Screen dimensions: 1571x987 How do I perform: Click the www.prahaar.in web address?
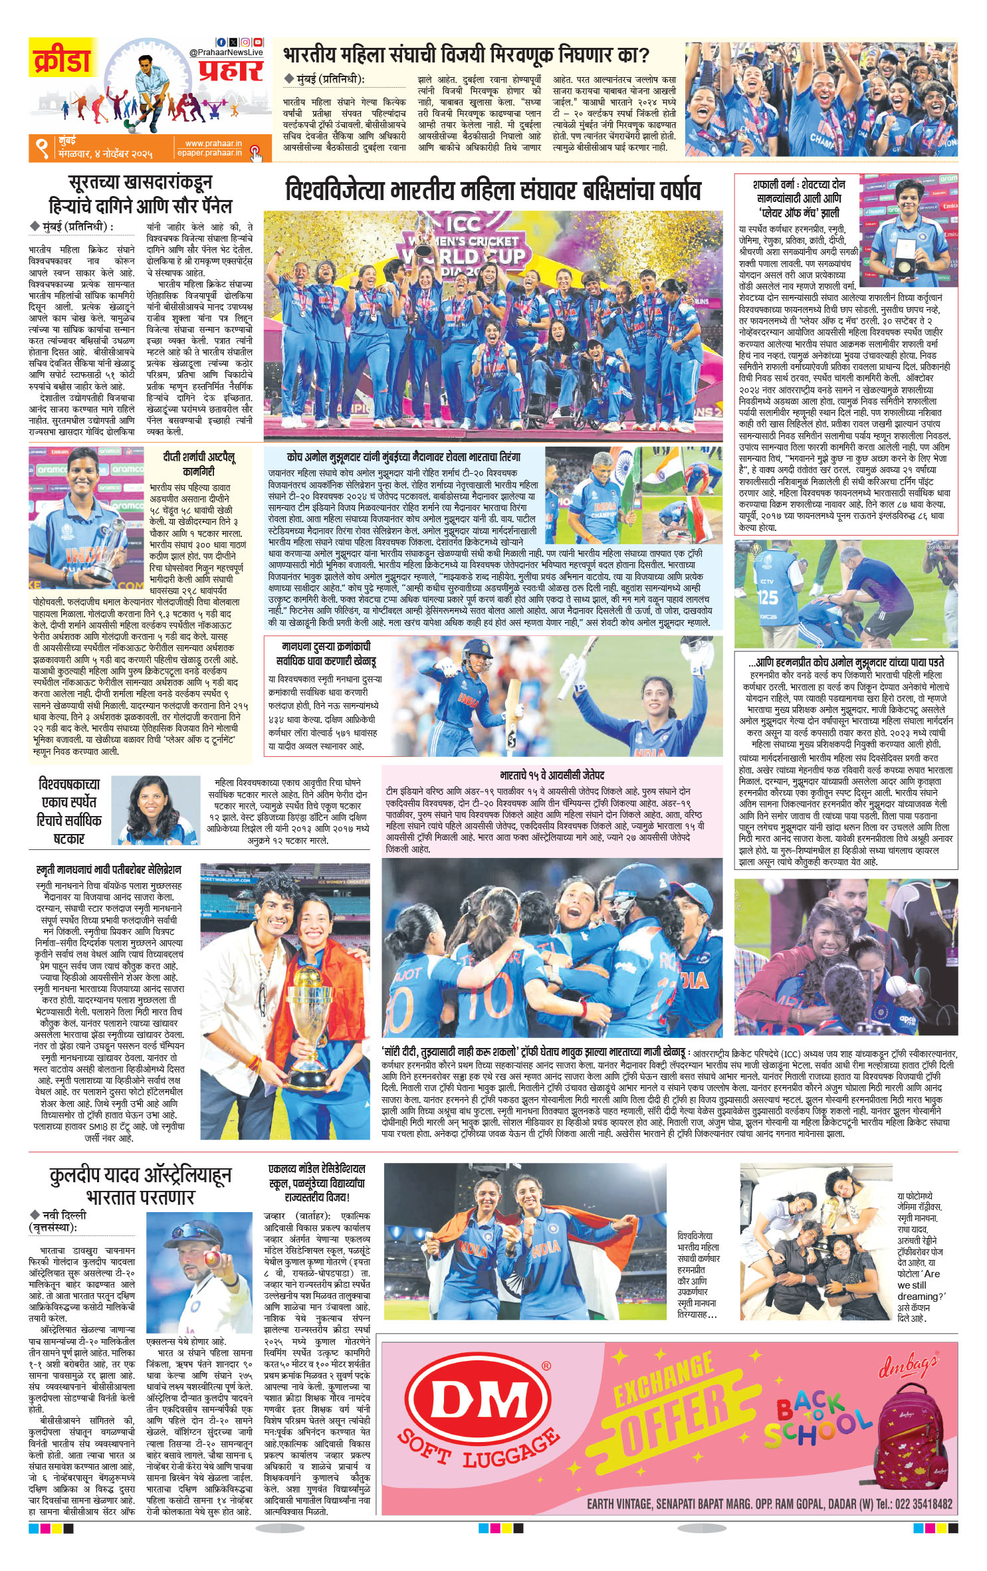[x=213, y=143]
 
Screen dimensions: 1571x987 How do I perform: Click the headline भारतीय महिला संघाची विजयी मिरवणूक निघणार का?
[x=466, y=54]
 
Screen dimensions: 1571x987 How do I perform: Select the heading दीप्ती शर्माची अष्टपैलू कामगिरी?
[x=198, y=463]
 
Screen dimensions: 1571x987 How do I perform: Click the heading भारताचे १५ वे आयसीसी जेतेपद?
[x=552, y=775]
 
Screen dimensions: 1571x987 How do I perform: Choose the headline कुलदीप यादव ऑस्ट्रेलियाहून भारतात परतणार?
[x=140, y=1186]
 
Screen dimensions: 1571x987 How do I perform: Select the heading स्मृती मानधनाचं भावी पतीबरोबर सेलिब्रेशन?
[x=108, y=869]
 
